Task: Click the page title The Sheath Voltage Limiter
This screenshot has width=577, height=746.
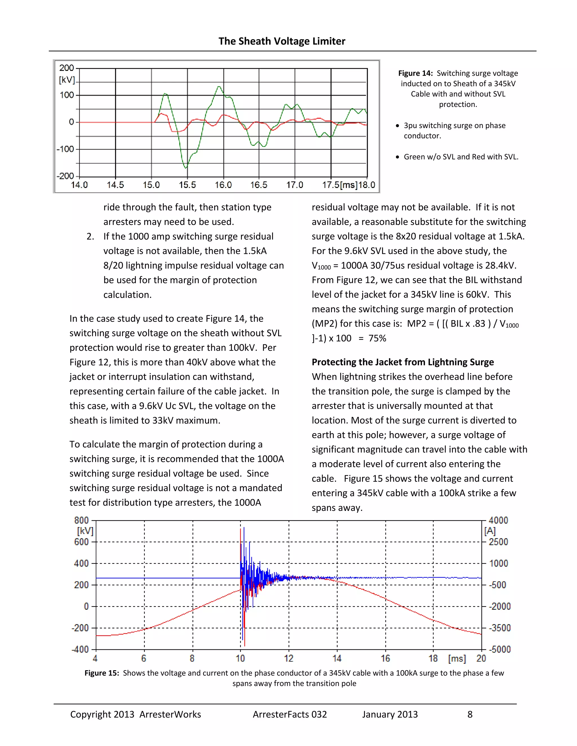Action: pos(282,41)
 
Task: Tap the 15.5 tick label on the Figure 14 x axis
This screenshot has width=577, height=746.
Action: pos(187,185)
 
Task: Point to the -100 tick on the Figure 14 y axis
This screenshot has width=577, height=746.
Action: pos(65,149)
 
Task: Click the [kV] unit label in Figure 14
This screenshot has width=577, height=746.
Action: pos(67,80)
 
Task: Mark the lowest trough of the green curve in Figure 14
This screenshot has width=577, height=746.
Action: pos(186,168)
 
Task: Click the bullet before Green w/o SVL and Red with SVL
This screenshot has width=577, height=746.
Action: pos(397,157)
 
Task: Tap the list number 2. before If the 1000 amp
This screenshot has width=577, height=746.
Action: pos(90,236)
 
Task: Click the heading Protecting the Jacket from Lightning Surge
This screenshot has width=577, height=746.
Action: pos(403,362)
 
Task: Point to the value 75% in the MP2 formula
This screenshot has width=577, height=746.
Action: pos(377,338)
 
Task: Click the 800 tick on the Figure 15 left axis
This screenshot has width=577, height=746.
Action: pos(81,520)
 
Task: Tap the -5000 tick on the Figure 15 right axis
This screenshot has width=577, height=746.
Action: pos(500,649)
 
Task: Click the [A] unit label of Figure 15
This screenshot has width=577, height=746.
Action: pos(490,531)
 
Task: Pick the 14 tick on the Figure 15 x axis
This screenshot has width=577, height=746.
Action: pos(337,658)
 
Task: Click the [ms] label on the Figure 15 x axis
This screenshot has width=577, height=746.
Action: pos(457,658)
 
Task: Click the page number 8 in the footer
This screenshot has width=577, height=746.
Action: pos(470,714)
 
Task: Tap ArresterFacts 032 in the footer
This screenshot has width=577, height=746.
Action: pos(290,714)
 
